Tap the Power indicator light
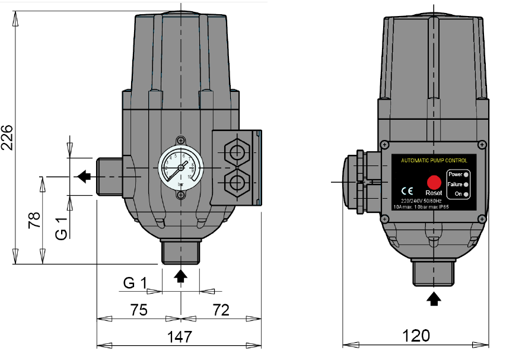pyautogui.click(x=467, y=174)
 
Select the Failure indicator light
pyautogui.click(x=467, y=185)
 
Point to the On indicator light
pyautogui.click(x=467, y=195)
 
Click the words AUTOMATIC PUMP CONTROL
pyautogui.click(x=434, y=161)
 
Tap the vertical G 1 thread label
pyautogui.click(x=62, y=228)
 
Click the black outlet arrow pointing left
pyautogui.click(x=83, y=176)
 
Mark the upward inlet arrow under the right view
pyautogui.click(x=434, y=298)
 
